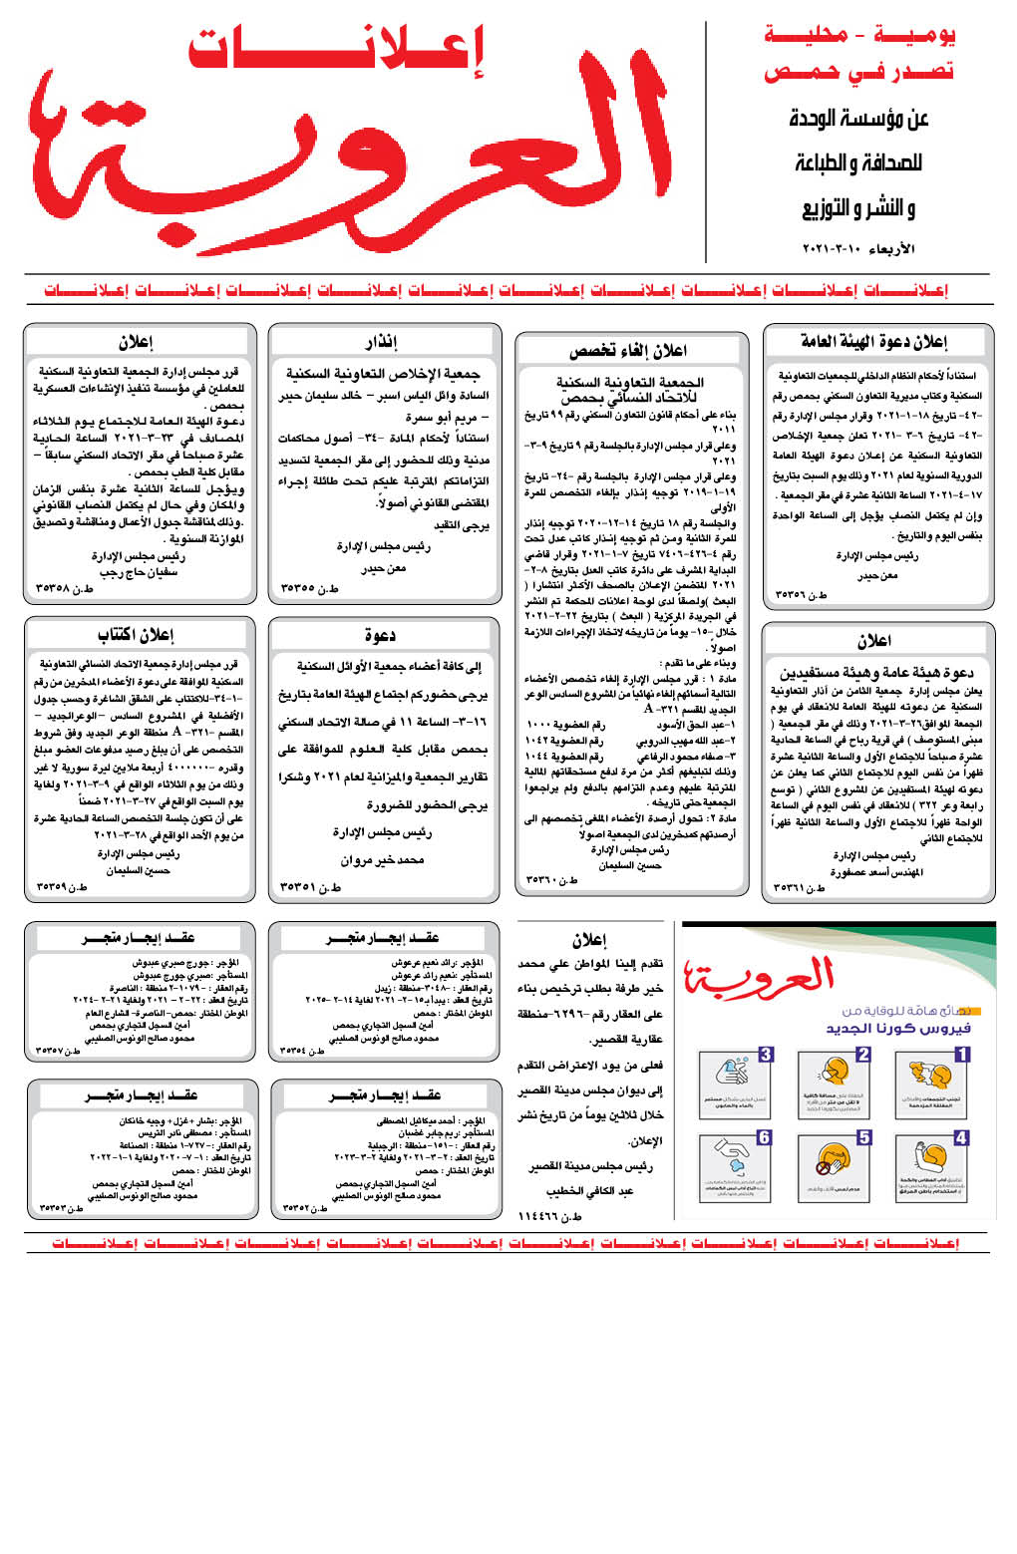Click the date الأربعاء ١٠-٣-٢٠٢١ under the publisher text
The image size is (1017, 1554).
[x=858, y=248]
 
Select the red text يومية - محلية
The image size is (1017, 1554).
[x=859, y=35]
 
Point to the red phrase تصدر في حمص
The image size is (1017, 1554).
[x=858, y=72]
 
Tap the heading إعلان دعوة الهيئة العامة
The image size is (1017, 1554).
[x=874, y=342]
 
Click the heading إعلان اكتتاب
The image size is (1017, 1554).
[x=137, y=635]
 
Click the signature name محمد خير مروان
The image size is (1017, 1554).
[x=383, y=859]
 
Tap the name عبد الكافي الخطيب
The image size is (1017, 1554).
[x=589, y=1190]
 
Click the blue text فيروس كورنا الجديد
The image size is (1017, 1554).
[x=898, y=1028]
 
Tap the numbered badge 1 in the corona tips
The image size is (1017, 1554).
[x=961, y=1054]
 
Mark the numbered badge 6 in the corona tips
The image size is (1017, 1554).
[x=764, y=1137]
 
